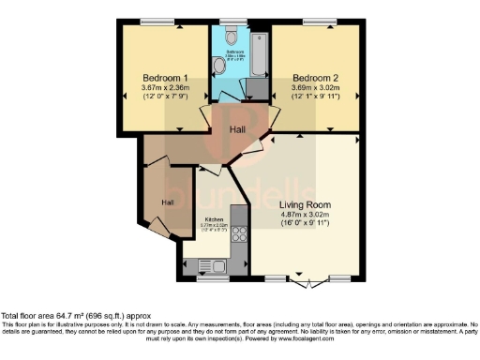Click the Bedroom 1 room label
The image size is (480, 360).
165,77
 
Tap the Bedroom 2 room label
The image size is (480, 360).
315,77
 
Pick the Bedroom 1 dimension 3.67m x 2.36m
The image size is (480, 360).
165,89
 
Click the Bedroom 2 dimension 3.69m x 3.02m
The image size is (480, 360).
315,89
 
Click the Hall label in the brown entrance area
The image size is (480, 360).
167,202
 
